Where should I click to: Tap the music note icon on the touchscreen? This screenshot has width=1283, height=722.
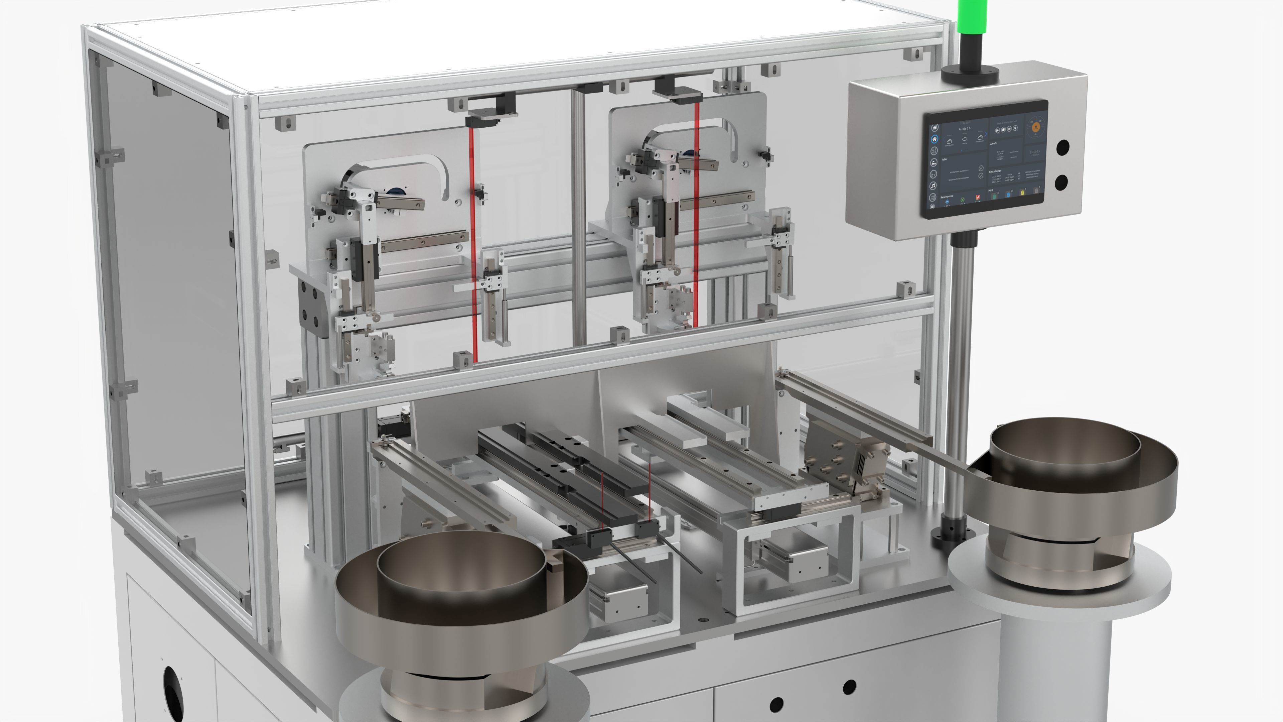pyautogui.click(x=934, y=186)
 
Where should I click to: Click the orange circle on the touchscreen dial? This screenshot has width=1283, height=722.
pyautogui.click(x=1036, y=127)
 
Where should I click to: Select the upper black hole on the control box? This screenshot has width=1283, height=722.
pyautogui.click(x=1062, y=147)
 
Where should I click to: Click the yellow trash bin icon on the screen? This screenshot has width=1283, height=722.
pyautogui.click(x=1022, y=192)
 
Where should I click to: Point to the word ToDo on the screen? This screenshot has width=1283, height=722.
pyautogui.click(x=945, y=159)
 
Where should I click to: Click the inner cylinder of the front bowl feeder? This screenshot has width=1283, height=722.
pyautogui.click(x=461, y=573)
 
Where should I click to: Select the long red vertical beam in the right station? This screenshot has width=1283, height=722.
pyautogui.click(x=696, y=214)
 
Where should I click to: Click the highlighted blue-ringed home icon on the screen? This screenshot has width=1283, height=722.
pyautogui.click(x=935, y=139)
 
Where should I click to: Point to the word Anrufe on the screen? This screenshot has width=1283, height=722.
pyautogui.click(x=994, y=143)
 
